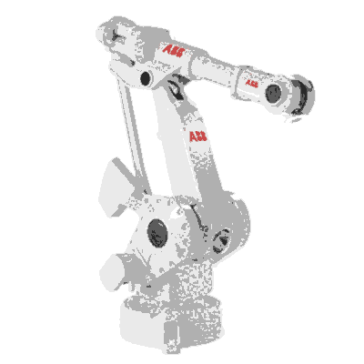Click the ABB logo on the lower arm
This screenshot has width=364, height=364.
point(198,136)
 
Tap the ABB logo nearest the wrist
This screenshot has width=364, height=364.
point(251,83)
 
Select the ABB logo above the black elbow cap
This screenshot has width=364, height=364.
point(173,51)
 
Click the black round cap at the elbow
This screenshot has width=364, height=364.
point(146,78)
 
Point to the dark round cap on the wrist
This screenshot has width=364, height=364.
point(273,94)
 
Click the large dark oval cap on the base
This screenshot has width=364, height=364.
point(157,233)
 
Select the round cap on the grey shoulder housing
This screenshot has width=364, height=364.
point(222,241)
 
